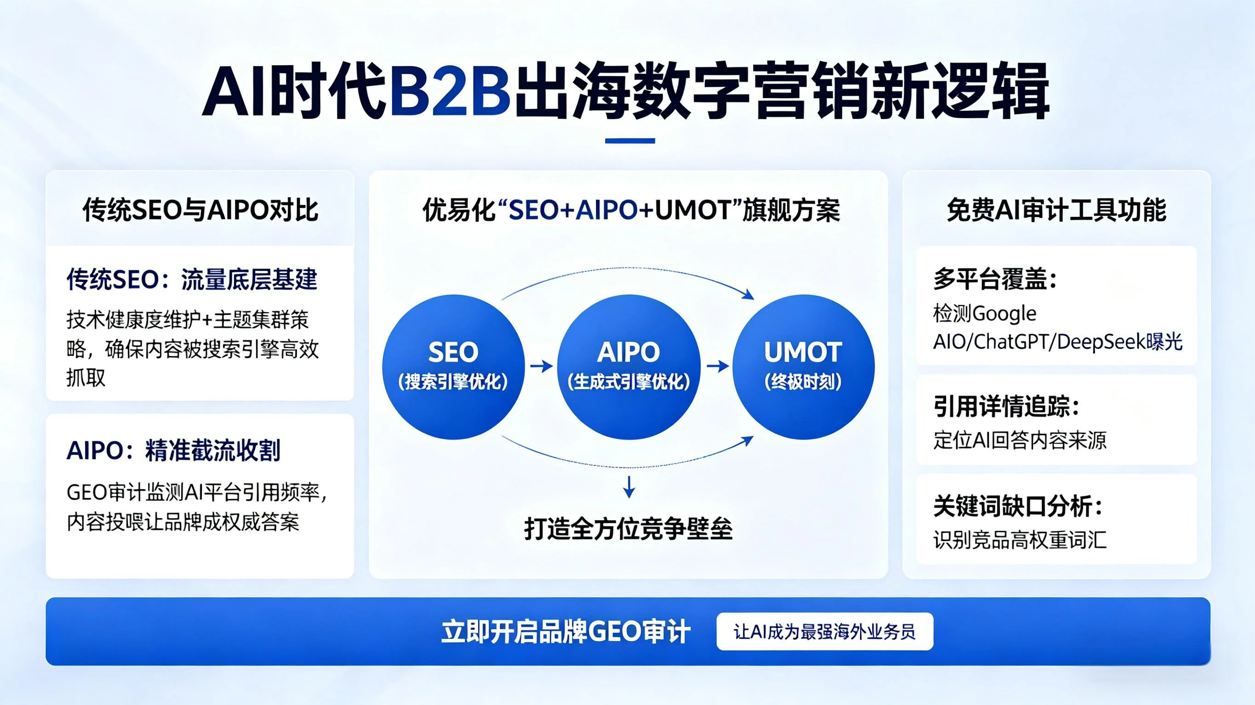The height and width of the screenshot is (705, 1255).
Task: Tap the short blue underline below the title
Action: click(x=629, y=141)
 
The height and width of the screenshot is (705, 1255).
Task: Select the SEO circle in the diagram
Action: click(x=453, y=366)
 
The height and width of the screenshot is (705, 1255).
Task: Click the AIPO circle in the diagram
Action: click(x=628, y=366)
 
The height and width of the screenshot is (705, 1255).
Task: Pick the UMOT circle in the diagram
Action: click(x=803, y=366)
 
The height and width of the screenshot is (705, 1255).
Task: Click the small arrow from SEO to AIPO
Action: click(x=541, y=366)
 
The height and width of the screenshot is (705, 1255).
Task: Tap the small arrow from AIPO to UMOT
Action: click(x=717, y=366)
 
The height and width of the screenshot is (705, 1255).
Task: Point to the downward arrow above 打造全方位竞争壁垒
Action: click(x=629, y=487)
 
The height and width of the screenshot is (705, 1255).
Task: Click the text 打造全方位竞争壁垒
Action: click(x=628, y=529)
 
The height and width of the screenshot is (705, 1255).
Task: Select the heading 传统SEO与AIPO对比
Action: click(x=200, y=210)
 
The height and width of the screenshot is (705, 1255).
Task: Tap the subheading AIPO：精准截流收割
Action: click(x=173, y=451)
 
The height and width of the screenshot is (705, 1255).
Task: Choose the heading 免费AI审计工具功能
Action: click(x=1056, y=210)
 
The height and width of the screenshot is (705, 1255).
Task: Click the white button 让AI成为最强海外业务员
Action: click(x=824, y=632)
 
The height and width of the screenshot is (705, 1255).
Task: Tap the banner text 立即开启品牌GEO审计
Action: click(x=565, y=632)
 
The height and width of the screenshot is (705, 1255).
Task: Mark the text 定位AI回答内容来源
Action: click(x=1019, y=440)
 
